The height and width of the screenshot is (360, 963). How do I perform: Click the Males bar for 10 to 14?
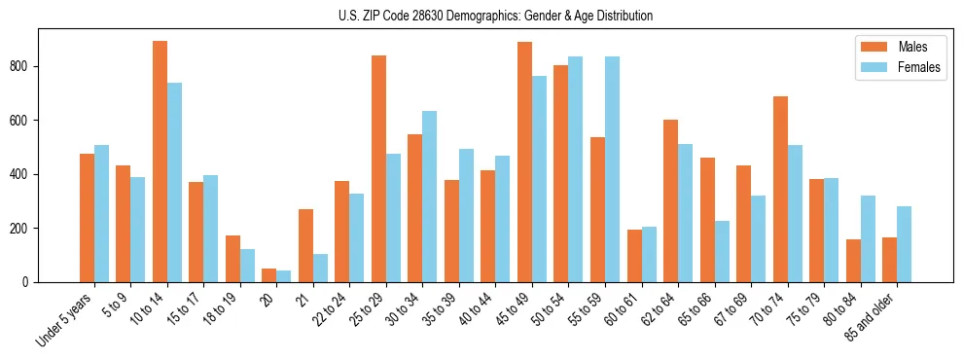click(x=160, y=162)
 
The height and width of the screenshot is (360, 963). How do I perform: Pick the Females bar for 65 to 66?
click(x=722, y=251)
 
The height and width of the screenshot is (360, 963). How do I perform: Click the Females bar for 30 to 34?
click(x=429, y=197)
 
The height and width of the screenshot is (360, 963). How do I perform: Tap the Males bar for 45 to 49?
click(x=524, y=162)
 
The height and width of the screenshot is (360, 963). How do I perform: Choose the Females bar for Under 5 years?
click(x=101, y=213)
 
